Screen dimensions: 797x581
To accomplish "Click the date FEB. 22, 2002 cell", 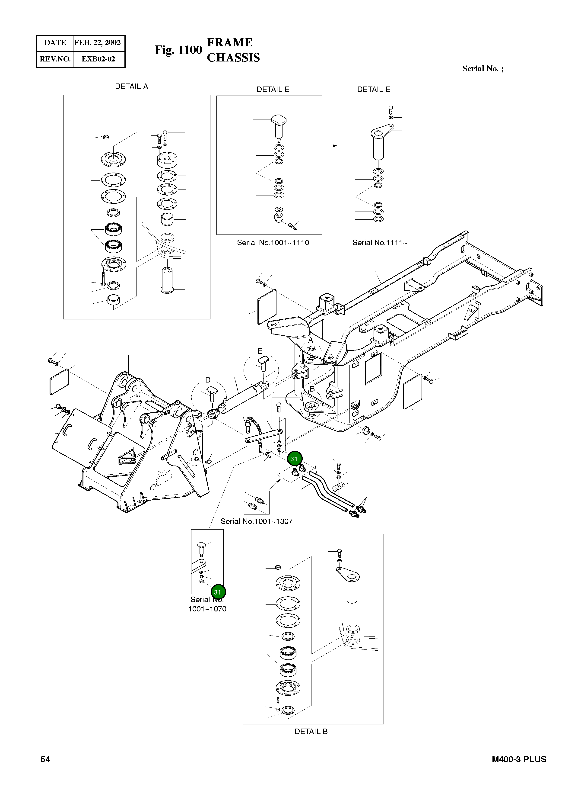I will point(97,43).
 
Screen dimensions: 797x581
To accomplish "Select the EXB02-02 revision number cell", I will point(98,59).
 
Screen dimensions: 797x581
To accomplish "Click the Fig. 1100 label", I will point(178,50).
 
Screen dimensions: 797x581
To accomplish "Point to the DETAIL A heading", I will point(132,87).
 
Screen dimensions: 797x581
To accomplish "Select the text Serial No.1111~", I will point(379,243).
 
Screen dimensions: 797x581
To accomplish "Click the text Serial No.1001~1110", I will point(273,243).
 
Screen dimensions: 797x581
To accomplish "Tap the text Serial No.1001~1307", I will point(256,521).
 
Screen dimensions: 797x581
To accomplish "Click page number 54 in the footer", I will point(45,759).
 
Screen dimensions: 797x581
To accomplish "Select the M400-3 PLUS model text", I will point(519,759).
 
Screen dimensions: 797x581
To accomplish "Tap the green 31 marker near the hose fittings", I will point(294,459).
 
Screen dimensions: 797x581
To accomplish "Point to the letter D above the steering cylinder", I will point(208,380).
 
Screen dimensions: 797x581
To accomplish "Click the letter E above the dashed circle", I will point(260,351).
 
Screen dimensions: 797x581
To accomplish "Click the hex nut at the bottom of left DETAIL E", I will point(279,217).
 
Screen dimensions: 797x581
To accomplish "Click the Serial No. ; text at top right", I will point(483,69).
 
